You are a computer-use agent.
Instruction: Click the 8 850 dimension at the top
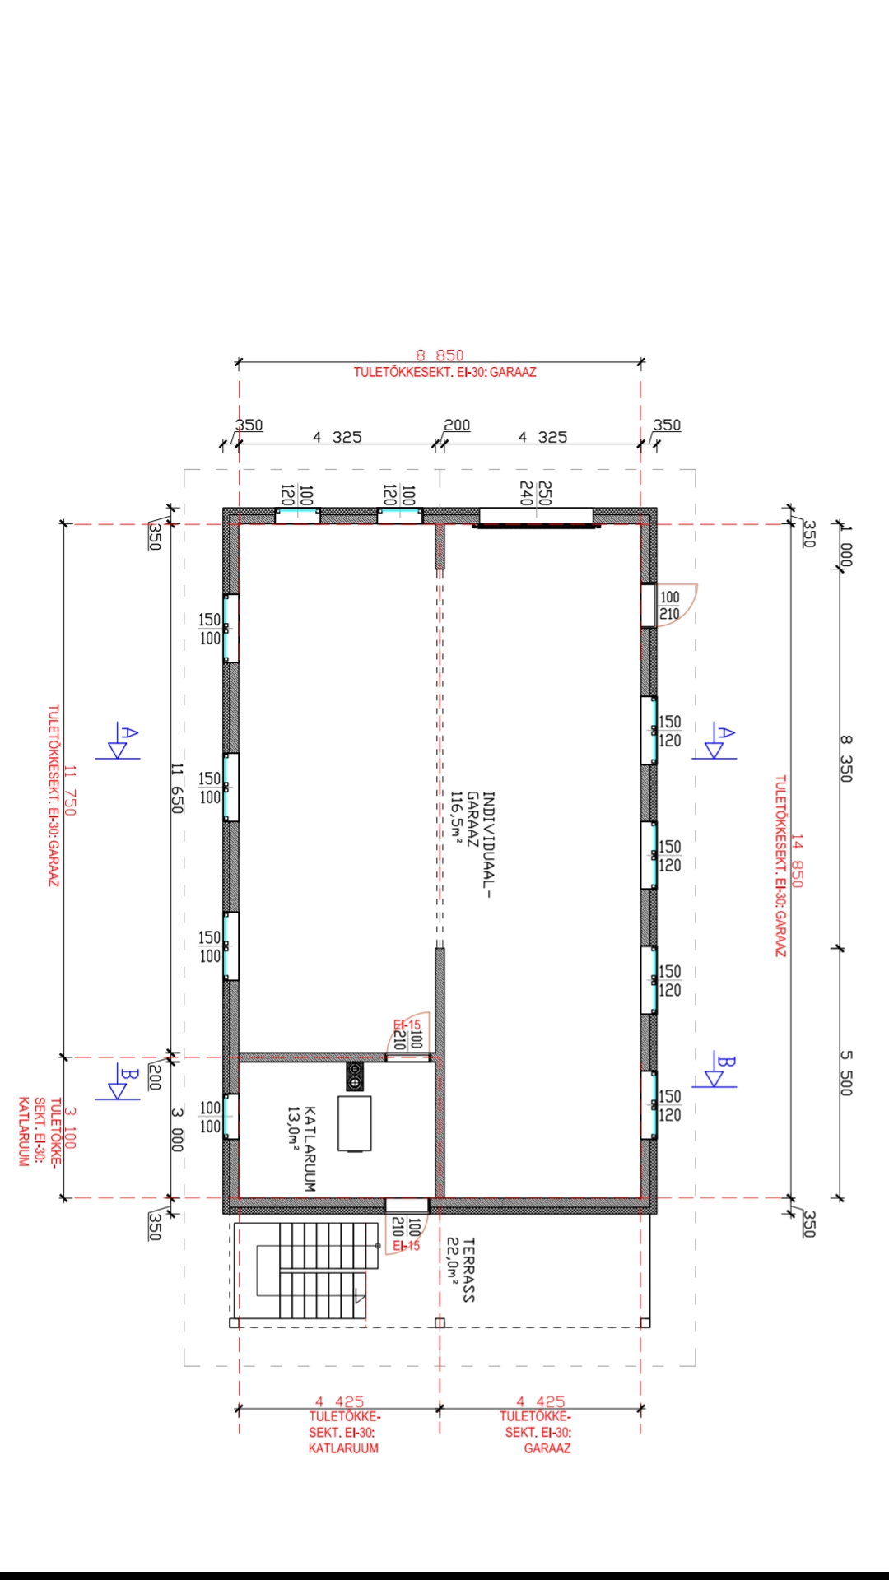pos(440,355)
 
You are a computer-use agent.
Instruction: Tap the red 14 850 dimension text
pos(797,860)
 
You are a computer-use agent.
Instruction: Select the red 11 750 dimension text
pos(69,791)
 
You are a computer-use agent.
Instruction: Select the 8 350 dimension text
pos(845,758)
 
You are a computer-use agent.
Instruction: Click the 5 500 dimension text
pos(845,1072)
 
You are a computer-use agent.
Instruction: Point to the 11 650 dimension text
pos(176,788)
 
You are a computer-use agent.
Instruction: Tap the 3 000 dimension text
pos(176,1129)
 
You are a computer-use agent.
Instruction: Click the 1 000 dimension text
pos(845,544)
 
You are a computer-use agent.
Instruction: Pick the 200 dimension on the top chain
pos(457,425)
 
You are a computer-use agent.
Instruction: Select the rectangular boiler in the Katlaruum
pos(354,1123)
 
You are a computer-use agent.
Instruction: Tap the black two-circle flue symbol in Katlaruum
pos(355,1076)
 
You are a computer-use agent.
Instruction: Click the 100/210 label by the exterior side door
pos(670,606)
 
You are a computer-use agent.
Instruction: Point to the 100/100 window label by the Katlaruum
pos(210,1117)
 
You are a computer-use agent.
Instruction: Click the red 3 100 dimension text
pos(69,1128)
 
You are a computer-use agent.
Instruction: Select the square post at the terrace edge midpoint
pos(440,1323)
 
